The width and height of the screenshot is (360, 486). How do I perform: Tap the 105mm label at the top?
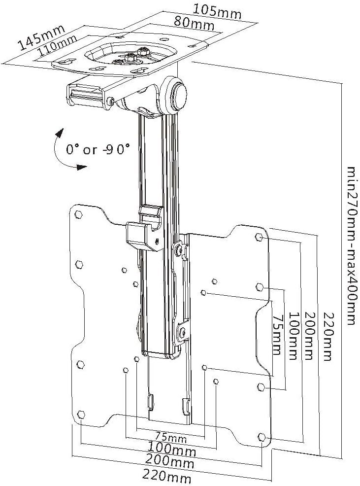click(x=217, y=10)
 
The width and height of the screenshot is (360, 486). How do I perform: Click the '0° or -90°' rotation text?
click(x=98, y=149)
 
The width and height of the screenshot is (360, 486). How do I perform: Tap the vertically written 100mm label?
click(x=294, y=335)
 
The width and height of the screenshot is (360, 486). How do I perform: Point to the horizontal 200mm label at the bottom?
click(x=170, y=462)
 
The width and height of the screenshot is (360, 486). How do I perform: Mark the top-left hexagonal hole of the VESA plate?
click(x=78, y=215)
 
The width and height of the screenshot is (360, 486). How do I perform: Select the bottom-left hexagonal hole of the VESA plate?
click(x=81, y=413)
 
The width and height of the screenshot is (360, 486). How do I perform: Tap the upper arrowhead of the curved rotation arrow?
click(x=61, y=132)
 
